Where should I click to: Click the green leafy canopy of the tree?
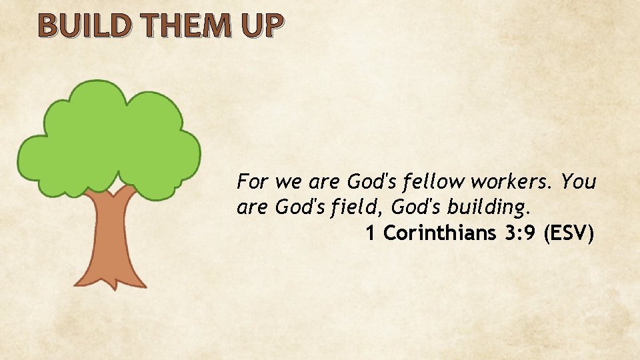pyautogui.click(x=110, y=140)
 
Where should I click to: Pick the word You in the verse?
pyautogui.click(x=579, y=181)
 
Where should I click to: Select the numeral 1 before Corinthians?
pyautogui.click(x=370, y=233)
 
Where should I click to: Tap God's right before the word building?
pyautogui.click(x=415, y=207)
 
